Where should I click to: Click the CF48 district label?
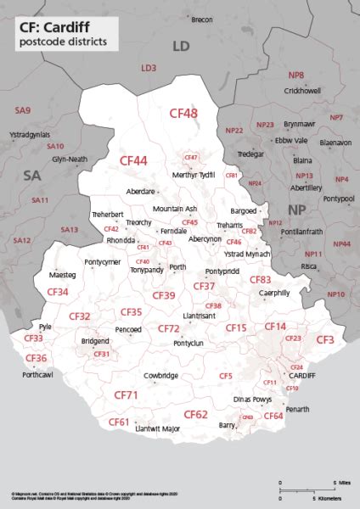pyautogui.click(x=183, y=113)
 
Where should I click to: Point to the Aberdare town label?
pyautogui.click(x=140, y=192)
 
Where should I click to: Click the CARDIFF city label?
pyautogui.click(x=302, y=374)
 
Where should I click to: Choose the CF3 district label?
pyautogui.click(x=325, y=339)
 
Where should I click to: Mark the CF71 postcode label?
pyautogui.click(x=126, y=395)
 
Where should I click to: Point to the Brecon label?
pyautogui.click(x=202, y=19)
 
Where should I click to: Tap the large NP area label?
pyautogui.click(x=298, y=209)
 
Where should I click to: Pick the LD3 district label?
pyautogui.click(x=149, y=67)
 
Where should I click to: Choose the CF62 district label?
pyautogui.click(x=195, y=415)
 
